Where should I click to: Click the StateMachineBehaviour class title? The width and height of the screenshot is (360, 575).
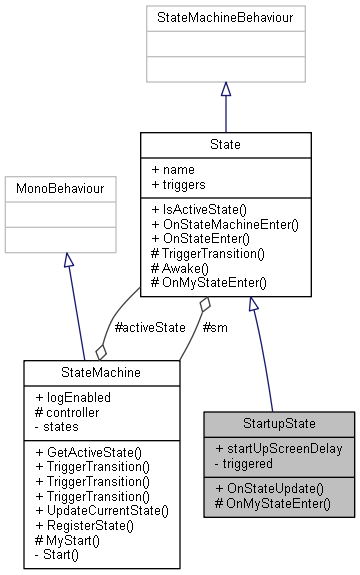click(226, 18)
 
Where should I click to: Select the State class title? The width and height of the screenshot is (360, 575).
click(226, 145)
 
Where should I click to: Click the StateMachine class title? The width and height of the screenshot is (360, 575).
click(101, 372)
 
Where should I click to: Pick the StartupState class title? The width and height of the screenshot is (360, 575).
click(279, 423)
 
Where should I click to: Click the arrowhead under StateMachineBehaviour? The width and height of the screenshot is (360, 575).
click(226, 89)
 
